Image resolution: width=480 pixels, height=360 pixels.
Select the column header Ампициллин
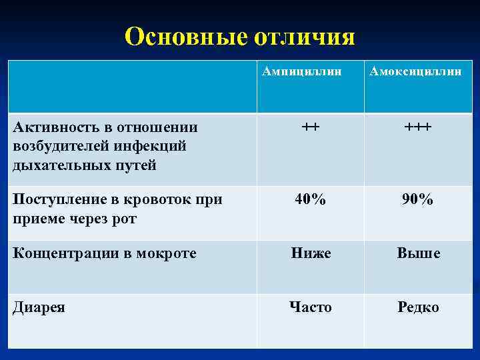310,71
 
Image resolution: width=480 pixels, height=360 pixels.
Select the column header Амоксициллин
418,71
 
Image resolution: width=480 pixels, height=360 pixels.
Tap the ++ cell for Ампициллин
310,127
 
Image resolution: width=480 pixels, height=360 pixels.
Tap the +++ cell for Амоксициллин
418,127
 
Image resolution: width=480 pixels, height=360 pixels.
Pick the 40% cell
311,199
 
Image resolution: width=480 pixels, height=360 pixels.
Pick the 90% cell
418,199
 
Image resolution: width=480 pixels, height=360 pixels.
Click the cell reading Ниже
311,253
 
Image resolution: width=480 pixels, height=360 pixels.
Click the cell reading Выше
419,253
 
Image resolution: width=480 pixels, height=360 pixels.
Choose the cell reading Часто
311,307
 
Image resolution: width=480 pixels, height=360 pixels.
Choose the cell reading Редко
419,307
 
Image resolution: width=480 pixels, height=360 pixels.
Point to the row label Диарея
39,308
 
